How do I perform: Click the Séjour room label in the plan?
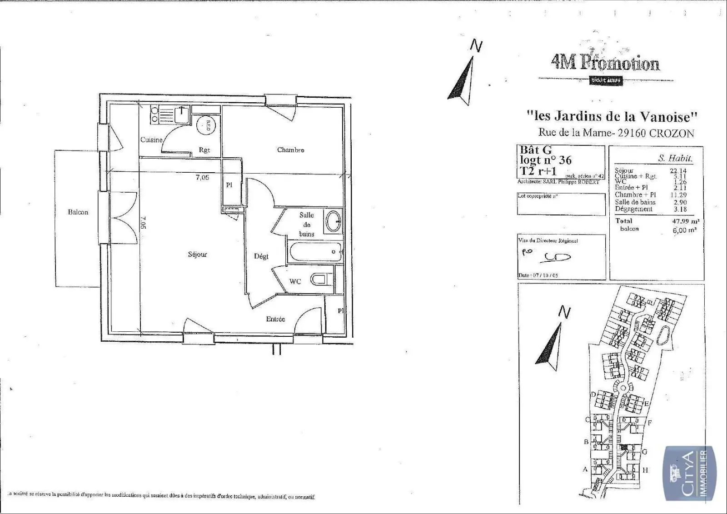[x=197, y=255]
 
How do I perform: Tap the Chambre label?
[x=290, y=150]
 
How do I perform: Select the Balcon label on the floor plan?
[x=78, y=212]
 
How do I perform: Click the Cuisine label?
[x=151, y=140]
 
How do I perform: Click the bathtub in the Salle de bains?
[x=314, y=252]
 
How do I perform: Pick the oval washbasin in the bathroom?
[x=334, y=221]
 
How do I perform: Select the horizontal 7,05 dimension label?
[x=202, y=178]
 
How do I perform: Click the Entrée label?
[x=275, y=319]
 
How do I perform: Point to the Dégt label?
[x=261, y=256]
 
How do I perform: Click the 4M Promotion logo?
[x=605, y=64]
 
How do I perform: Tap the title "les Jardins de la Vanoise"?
[x=612, y=116]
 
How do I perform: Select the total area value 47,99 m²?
[x=685, y=221]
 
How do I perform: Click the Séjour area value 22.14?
[x=678, y=171]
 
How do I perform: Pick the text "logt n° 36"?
[x=546, y=160]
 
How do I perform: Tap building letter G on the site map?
[x=644, y=452]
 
